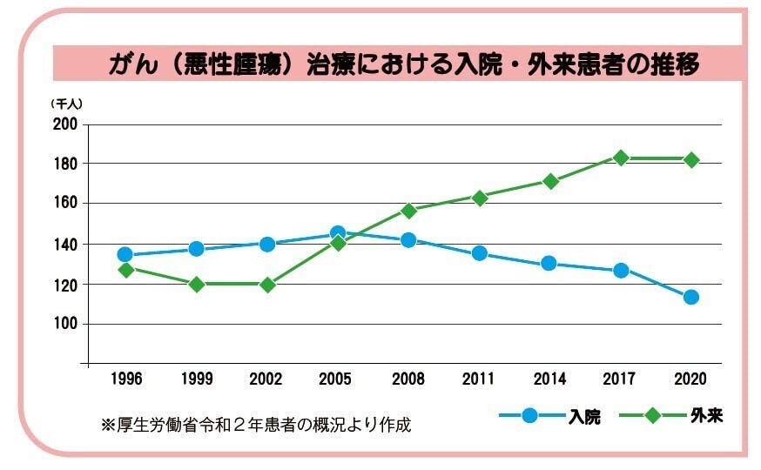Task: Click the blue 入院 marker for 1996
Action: [125, 255]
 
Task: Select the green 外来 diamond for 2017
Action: [621, 158]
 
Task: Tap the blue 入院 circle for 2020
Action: [691, 297]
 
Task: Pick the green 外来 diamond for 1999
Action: [197, 284]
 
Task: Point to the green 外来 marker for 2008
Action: [408, 210]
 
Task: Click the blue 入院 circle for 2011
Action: [480, 253]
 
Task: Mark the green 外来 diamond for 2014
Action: [550, 181]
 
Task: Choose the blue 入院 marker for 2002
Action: [267, 244]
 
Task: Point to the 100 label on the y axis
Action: [67, 324]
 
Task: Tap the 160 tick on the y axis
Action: [67, 204]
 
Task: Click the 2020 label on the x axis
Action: [690, 379]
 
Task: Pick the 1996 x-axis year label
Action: [125, 379]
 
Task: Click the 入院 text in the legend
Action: [584, 416]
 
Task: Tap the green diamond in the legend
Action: [651, 415]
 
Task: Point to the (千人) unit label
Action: [66, 103]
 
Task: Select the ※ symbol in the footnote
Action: [108, 426]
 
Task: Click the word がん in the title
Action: [131, 64]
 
